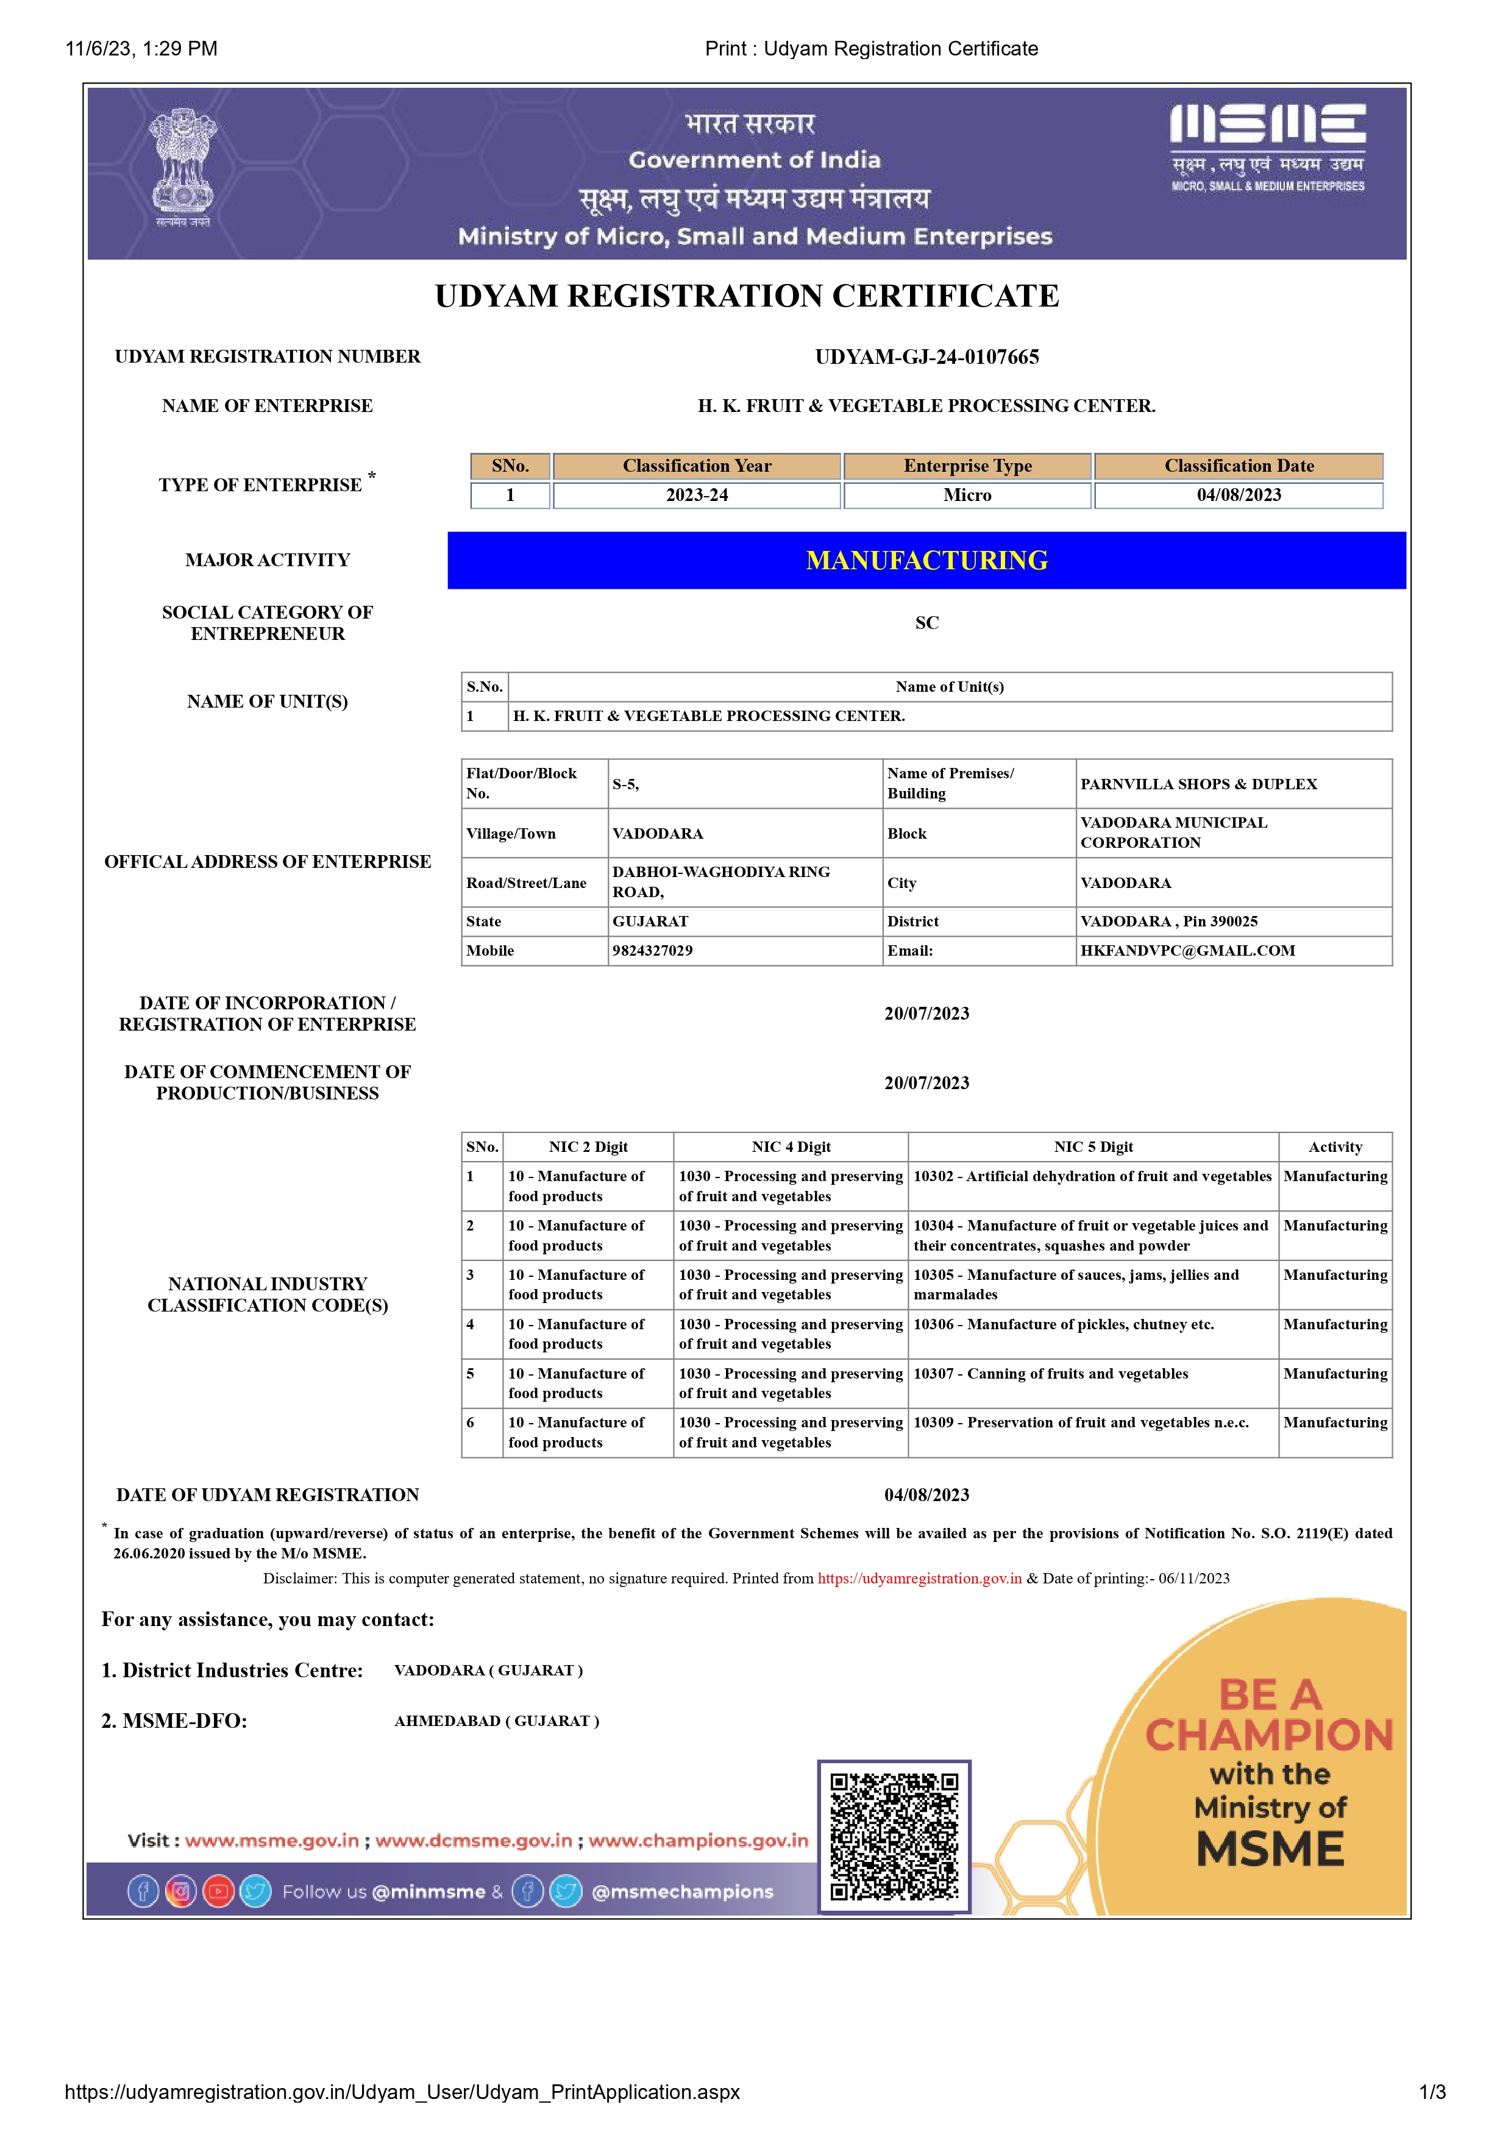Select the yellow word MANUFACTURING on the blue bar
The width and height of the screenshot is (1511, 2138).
tap(926, 561)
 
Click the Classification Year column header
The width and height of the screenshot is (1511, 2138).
tap(697, 466)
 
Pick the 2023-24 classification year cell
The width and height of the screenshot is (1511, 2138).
tap(697, 495)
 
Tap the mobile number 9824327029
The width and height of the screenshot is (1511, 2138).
tap(653, 951)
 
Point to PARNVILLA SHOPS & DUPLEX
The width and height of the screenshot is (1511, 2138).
tap(1198, 784)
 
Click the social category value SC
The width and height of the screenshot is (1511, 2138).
tap(926, 623)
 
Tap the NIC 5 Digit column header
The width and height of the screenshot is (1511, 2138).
tap(1093, 1147)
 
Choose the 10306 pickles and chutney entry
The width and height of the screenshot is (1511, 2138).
tap(1063, 1324)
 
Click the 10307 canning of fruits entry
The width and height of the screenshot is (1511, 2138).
tap(1050, 1374)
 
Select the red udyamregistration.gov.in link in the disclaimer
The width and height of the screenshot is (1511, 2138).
tap(919, 1579)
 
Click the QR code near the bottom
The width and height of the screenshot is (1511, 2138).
tap(894, 1836)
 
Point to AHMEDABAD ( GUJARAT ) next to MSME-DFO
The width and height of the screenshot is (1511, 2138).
tap(496, 1721)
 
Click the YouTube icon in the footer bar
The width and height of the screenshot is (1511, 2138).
tap(218, 1891)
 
